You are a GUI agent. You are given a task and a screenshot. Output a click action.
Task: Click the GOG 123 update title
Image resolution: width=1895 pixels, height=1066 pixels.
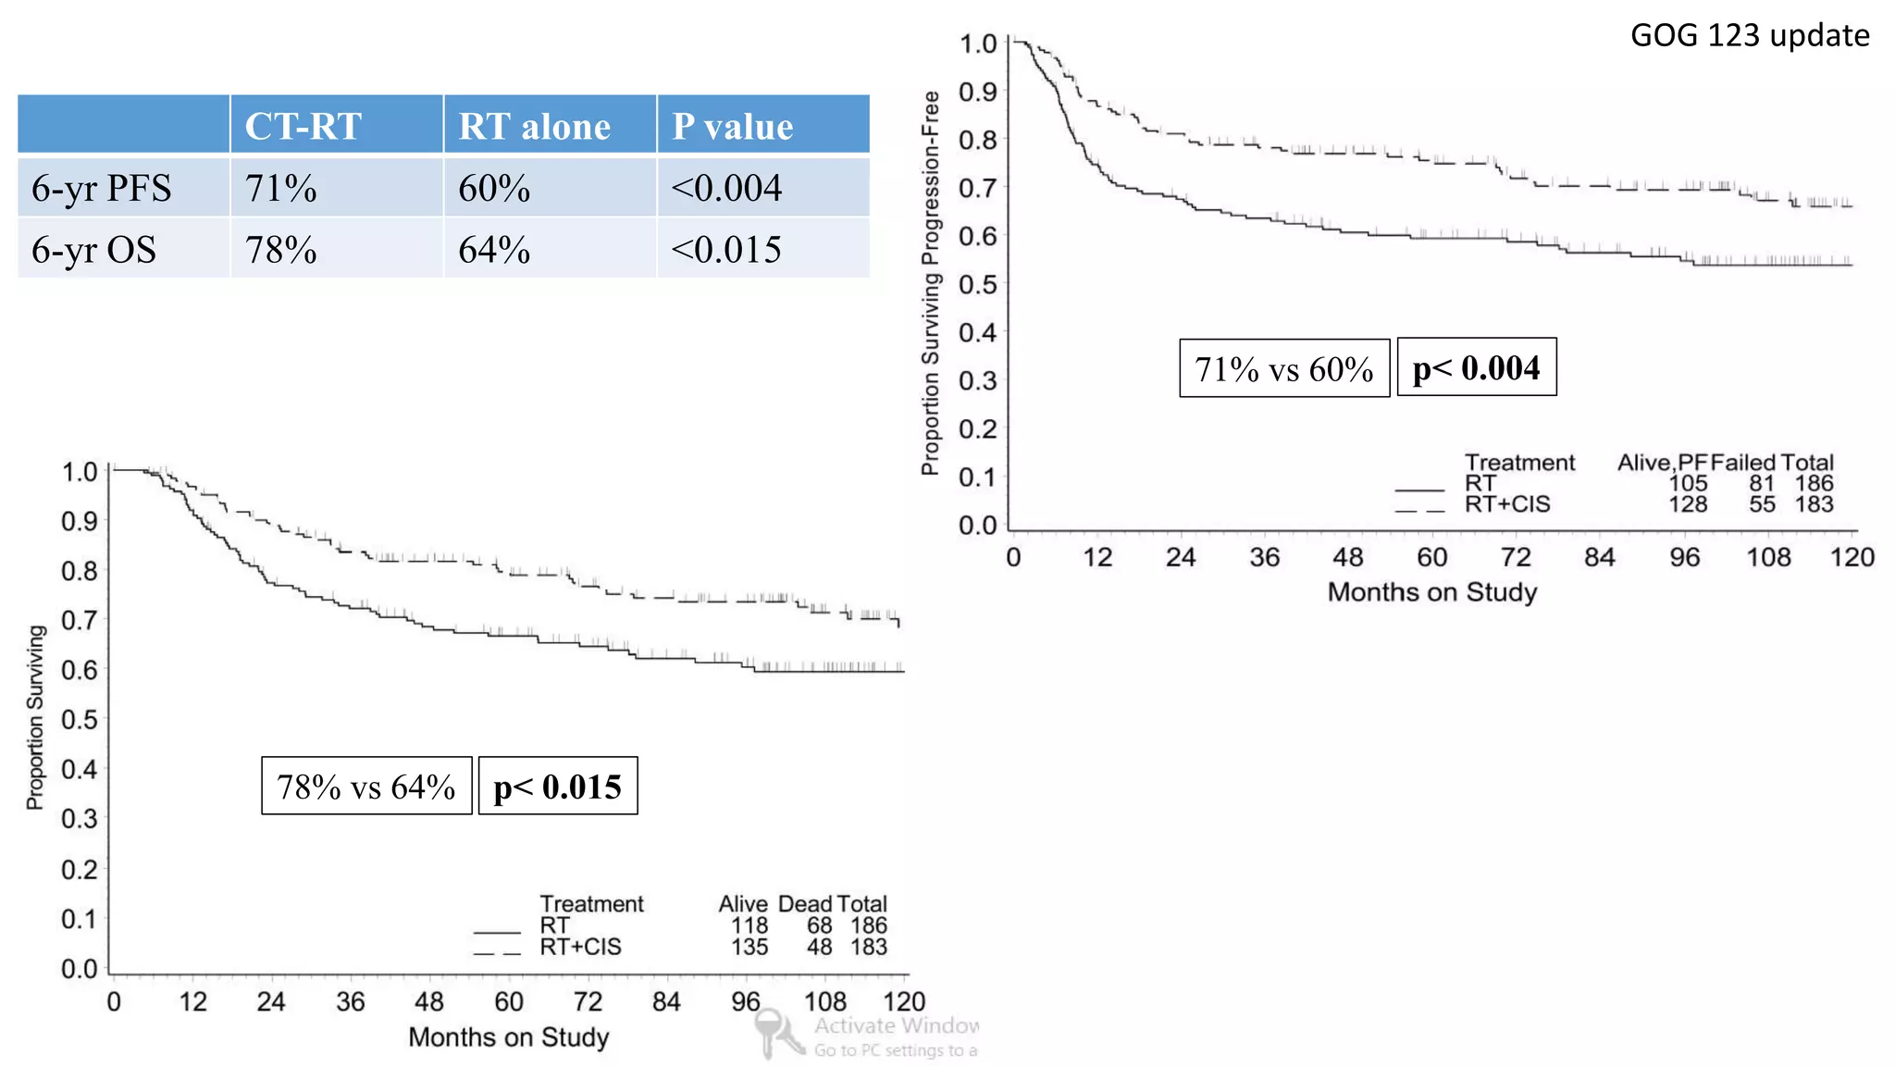(x=1749, y=35)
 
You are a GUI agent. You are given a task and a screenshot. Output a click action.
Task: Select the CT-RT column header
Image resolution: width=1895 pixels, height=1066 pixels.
(x=303, y=126)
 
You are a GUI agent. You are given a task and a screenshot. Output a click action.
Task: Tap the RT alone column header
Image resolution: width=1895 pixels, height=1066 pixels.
(x=534, y=126)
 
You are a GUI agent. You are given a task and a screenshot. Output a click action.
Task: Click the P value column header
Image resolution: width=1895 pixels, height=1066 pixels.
(x=732, y=126)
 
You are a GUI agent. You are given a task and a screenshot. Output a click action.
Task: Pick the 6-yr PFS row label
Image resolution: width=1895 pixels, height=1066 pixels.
(x=102, y=188)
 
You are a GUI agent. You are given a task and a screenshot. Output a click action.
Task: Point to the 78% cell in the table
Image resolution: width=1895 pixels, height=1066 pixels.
(x=281, y=250)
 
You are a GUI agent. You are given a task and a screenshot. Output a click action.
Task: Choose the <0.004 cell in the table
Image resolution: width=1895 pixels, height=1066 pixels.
(x=726, y=188)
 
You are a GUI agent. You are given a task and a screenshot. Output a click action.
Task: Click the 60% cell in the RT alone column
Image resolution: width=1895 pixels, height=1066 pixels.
(x=494, y=188)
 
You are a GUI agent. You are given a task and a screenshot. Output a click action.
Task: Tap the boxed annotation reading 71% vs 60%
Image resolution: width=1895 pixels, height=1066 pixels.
(x=1283, y=368)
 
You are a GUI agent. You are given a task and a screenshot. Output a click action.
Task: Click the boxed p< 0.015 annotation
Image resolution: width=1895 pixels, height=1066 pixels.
(x=557, y=787)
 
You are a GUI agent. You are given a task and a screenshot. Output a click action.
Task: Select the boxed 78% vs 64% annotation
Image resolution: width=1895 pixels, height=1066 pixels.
(x=366, y=787)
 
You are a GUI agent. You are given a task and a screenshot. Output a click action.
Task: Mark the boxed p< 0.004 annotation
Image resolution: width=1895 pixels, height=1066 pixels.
(x=1476, y=368)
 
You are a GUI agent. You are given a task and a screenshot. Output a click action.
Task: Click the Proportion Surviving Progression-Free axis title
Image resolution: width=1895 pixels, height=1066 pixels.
(x=930, y=282)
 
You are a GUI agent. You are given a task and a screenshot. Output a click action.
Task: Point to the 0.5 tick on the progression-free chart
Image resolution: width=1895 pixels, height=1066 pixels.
(x=978, y=284)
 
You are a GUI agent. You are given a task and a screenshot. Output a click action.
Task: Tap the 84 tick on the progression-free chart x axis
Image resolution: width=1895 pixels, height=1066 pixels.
(x=1600, y=557)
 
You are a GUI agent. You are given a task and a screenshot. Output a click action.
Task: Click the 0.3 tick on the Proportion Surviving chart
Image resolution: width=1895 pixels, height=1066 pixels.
(x=80, y=818)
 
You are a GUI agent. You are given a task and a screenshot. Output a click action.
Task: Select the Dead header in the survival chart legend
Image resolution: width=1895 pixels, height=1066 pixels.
(x=804, y=903)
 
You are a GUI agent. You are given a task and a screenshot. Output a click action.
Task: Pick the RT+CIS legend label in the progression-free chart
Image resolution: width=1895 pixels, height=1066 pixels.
(x=1506, y=504)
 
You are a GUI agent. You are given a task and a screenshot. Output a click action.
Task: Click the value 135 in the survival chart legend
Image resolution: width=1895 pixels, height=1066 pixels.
(x=749, y=947)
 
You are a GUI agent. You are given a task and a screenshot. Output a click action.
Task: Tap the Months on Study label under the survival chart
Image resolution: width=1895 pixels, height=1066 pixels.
(x=509, y=1036)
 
